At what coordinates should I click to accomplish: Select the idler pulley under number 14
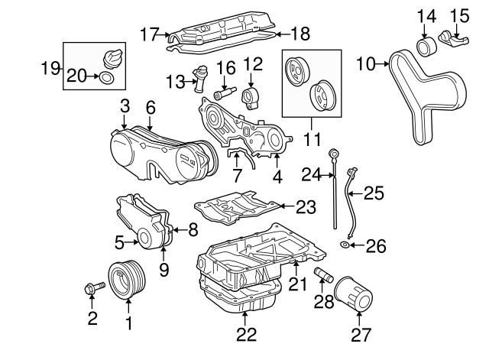coord(425,48)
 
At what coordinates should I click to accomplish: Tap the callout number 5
coord(119,242)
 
